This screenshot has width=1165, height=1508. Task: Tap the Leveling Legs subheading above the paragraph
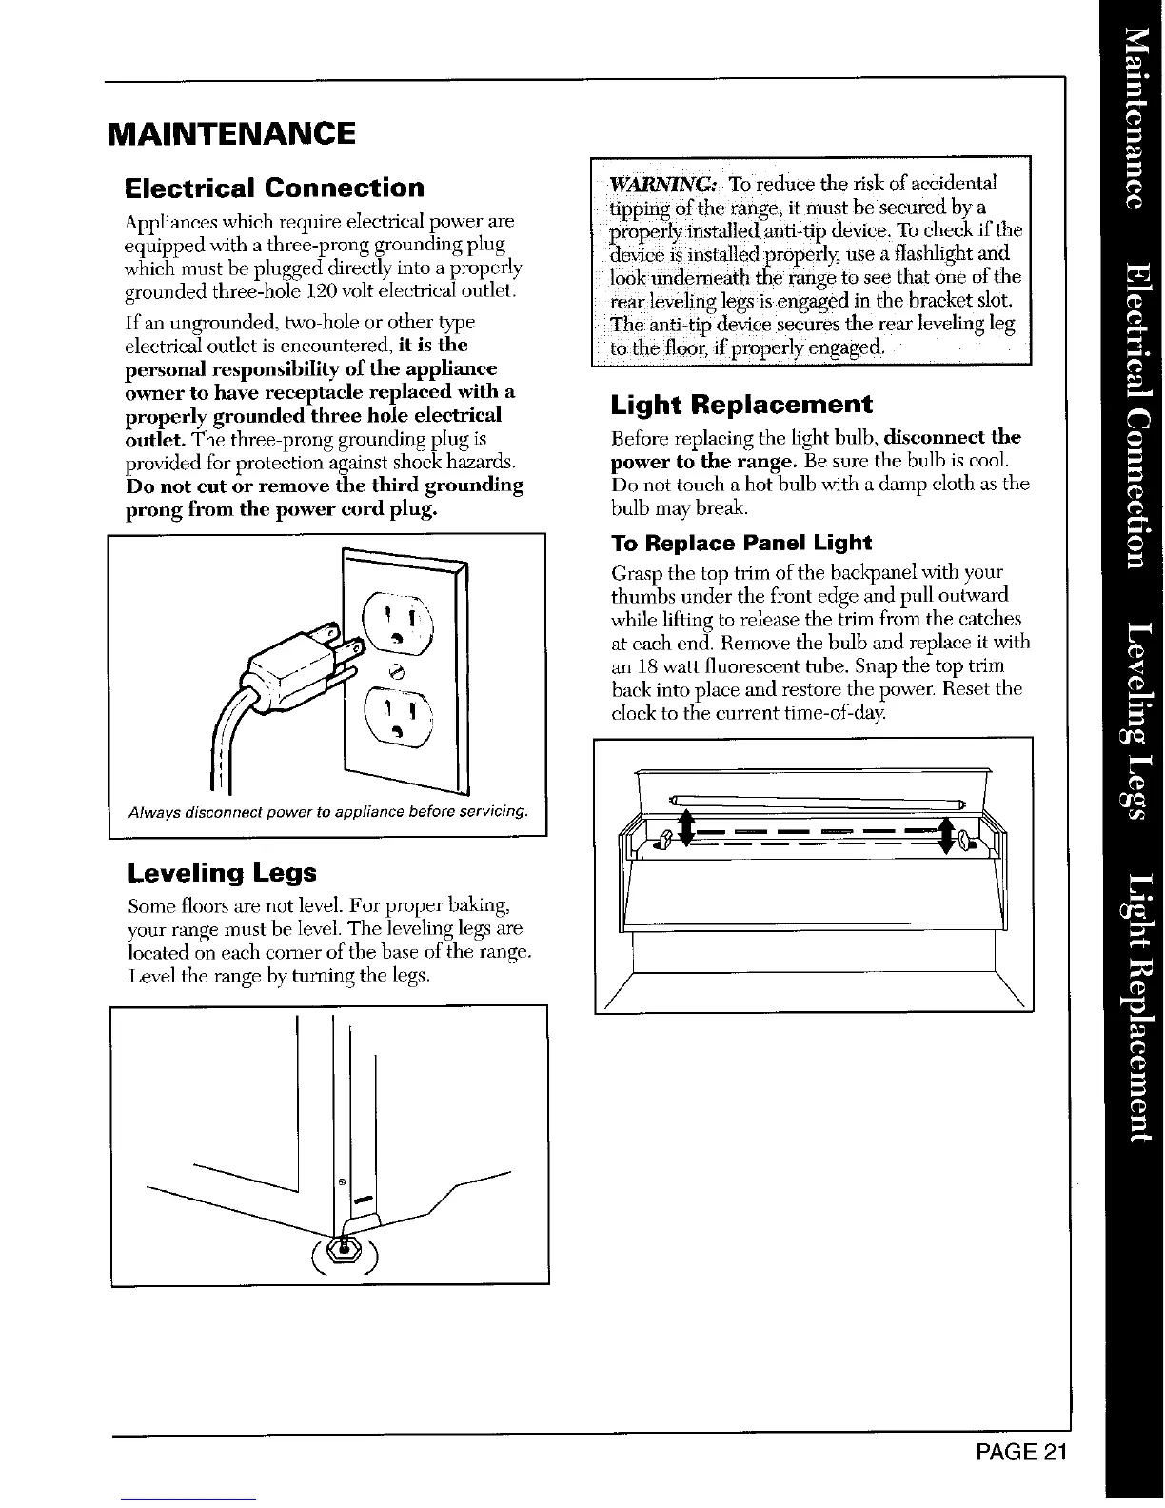(x=221, y=872)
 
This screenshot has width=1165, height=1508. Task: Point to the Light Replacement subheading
(x=740, y=405)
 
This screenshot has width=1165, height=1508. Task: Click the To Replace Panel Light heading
(x=740, y=543)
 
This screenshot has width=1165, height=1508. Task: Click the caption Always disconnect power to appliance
(x=328, y=811)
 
